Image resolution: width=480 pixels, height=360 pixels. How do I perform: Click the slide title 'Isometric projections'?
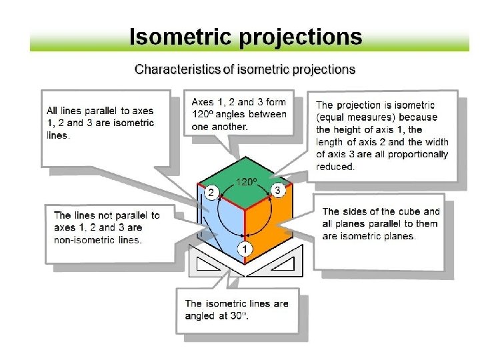coord(245,36)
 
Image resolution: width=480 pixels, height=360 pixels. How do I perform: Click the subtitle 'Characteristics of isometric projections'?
coord(245,69)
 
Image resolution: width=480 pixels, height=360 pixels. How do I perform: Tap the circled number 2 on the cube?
coord(211,193)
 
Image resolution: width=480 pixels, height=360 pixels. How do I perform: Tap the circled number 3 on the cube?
coord(280,191)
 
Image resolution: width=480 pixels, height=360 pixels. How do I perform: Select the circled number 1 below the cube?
coord(246,249)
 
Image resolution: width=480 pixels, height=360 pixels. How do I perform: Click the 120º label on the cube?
coord(247,181)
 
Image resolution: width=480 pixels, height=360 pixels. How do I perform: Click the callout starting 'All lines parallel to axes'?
coord(100,123)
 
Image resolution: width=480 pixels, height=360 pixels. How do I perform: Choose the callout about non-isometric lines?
coord(107,227)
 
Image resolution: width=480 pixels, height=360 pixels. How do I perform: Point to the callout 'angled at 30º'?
coord(237,309)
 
